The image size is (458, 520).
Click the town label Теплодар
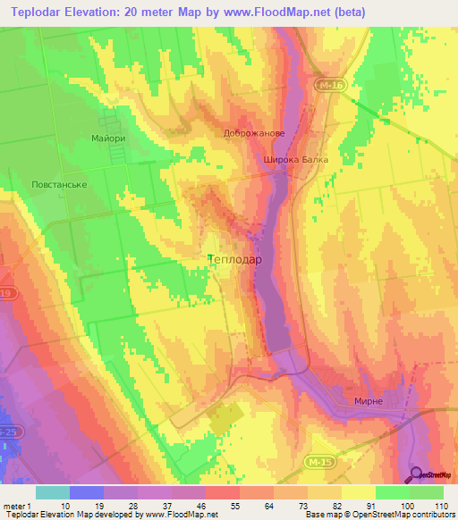[234, 260]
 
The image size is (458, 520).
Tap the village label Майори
[107, 139]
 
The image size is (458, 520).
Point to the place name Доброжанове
[253, 133]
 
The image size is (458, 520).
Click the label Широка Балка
[295, 160]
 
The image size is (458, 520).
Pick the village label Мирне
[369, 401]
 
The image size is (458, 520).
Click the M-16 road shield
[331, 85]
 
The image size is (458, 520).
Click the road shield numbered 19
[5, 292]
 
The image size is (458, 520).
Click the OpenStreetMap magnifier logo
[417, 474]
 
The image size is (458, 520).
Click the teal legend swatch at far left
[52, 491]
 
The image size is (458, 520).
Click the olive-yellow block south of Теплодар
[225, 416]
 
